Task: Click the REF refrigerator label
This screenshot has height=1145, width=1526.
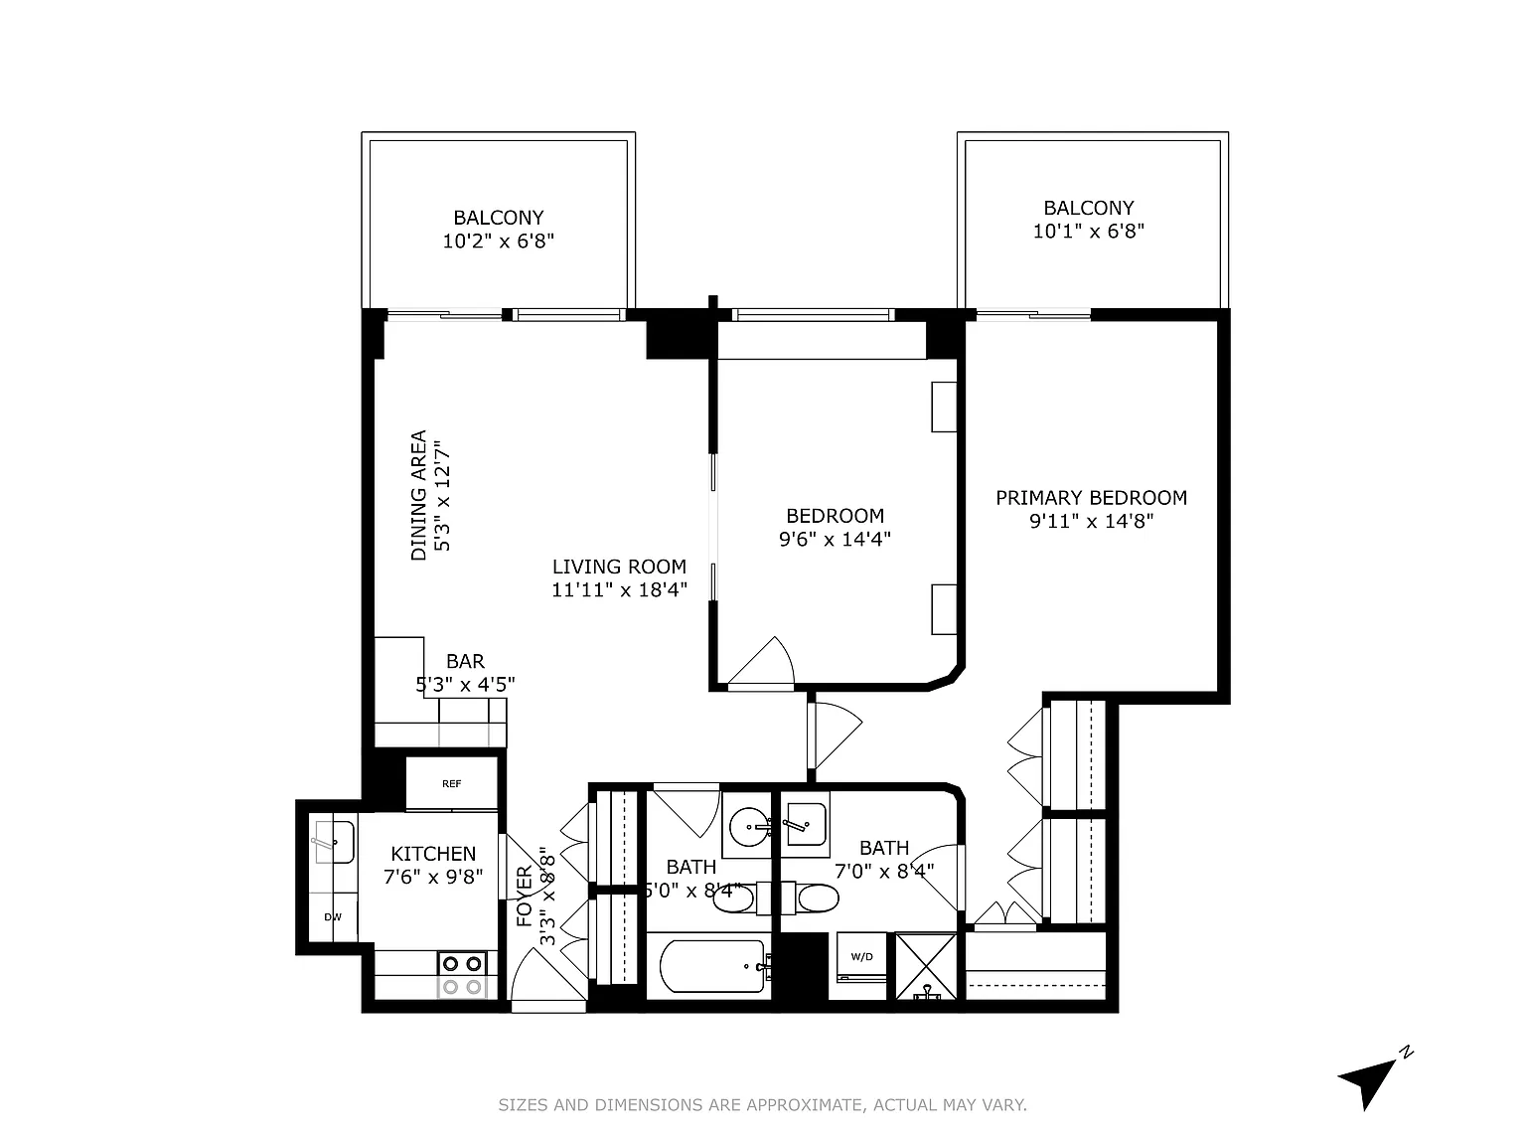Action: pyautogui.click(x=451, y=783)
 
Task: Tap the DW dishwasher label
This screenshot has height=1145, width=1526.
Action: pyautogui.click(x=333, y=917)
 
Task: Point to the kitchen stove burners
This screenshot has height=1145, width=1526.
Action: pyautogui.click(x=462, y=975)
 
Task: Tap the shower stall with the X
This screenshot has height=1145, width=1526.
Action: pyautogui.click(x=926, y=966)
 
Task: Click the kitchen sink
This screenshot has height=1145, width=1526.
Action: pyautogui.click(x=334, y=841)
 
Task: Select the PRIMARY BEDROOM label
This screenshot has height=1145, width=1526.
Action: pyautogui.click(x=1091, y=498)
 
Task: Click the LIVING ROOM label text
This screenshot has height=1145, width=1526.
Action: pyautogui.click(x=619, y=567)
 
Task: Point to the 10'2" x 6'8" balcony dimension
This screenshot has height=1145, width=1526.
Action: pyautogui.click(x=499, y=242)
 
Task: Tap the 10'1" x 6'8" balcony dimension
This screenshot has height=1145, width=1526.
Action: pyautogui.click(x=1088, y=231)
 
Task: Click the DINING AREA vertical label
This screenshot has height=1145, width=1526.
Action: pyautogui.click(x=418, y=495)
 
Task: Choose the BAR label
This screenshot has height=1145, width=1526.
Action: pyautogui.click(x=465, y=661)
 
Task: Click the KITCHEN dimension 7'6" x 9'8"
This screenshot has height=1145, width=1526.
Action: pyautogui.click(x=433, y=877)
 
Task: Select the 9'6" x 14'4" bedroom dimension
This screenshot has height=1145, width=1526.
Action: pyautogui.click(x=835, y=539)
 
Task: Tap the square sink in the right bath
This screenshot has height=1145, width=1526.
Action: pyautogui.click(x=806, y=825)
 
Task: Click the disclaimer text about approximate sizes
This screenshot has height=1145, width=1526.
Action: pyautogui.click(x=763, y=1104)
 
